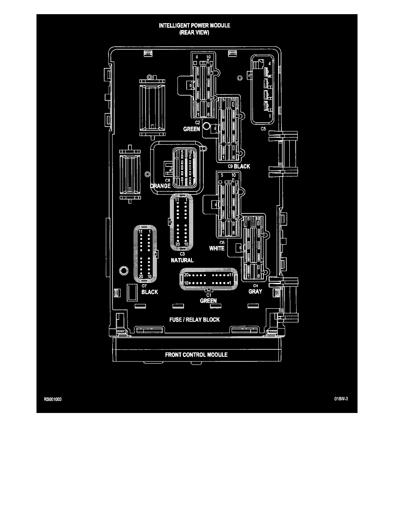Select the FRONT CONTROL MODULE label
click(x=197, y=355)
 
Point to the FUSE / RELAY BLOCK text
click(x=195, y=320)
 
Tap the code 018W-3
click(x=340, y=398)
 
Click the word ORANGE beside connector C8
click(x=161, y=186)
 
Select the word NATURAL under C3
click(x=182, y=261)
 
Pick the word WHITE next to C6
click(x=217, y=248)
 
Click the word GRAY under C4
click(x=255, y=291)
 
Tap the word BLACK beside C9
click(x=242, y=167)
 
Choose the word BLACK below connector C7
click(x=149, y=292)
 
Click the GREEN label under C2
click(x=191, y=129)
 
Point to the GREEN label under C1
click(x=208, y=301)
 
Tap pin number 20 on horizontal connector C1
click(x=186, y=274)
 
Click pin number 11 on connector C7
click(x=140, y=232)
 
